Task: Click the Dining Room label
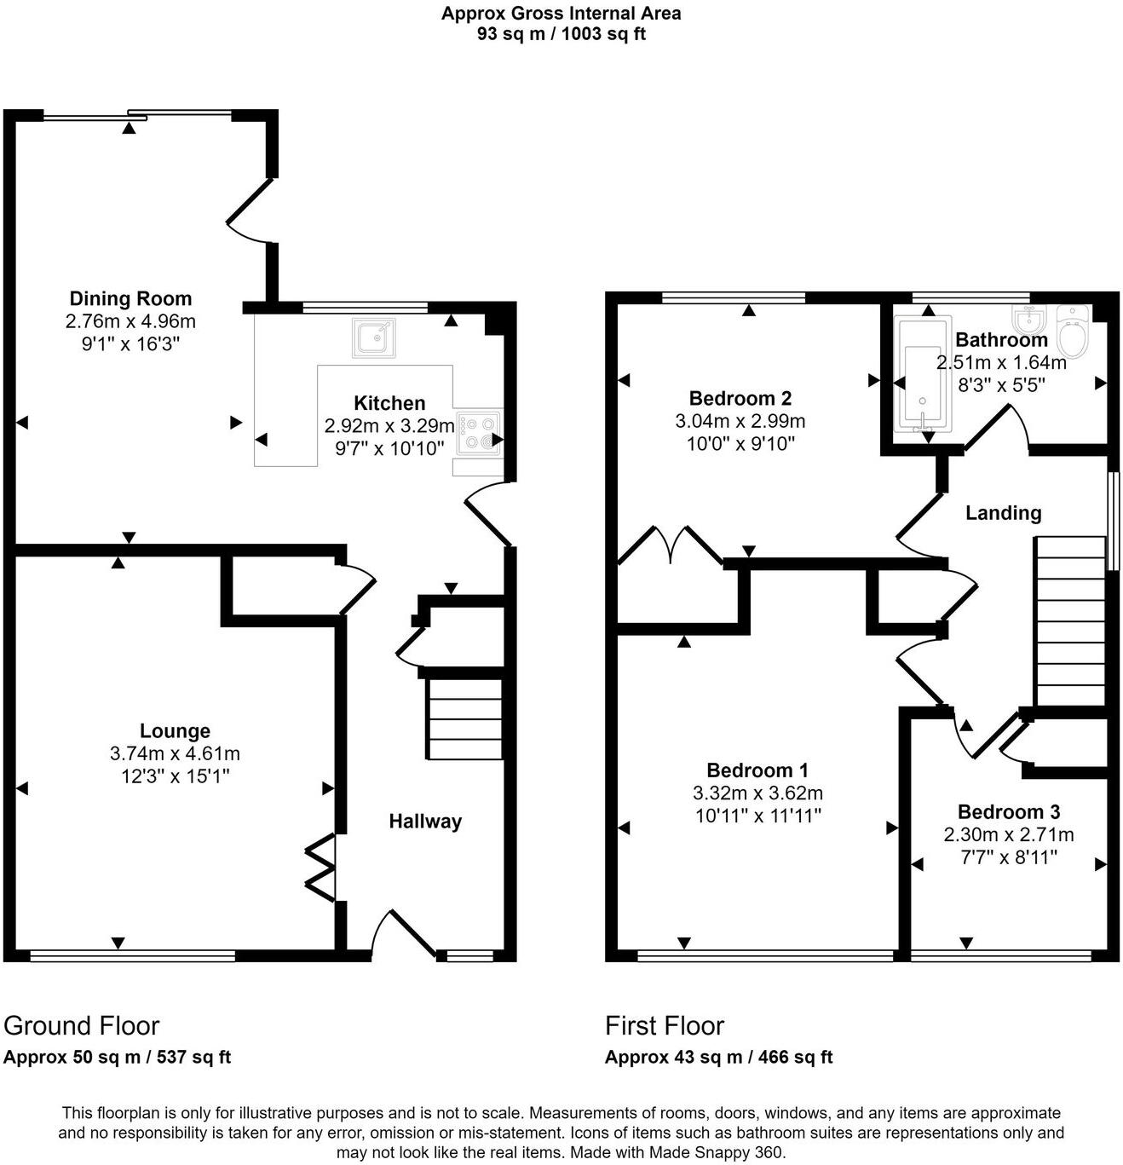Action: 130,299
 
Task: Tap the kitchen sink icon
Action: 373,337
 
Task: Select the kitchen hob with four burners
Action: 478,433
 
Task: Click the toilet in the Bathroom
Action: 1072,332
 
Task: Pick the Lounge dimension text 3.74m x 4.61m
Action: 175,754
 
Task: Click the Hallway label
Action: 425,822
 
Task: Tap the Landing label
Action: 1003,513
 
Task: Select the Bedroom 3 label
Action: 1008,812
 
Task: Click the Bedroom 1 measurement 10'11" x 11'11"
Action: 757,816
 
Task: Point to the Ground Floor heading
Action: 82,1025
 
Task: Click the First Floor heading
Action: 665,1025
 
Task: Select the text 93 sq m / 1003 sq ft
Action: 561,34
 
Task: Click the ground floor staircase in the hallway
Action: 464,718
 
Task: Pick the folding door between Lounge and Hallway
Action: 322,868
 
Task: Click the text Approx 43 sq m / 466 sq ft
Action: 718,1058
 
